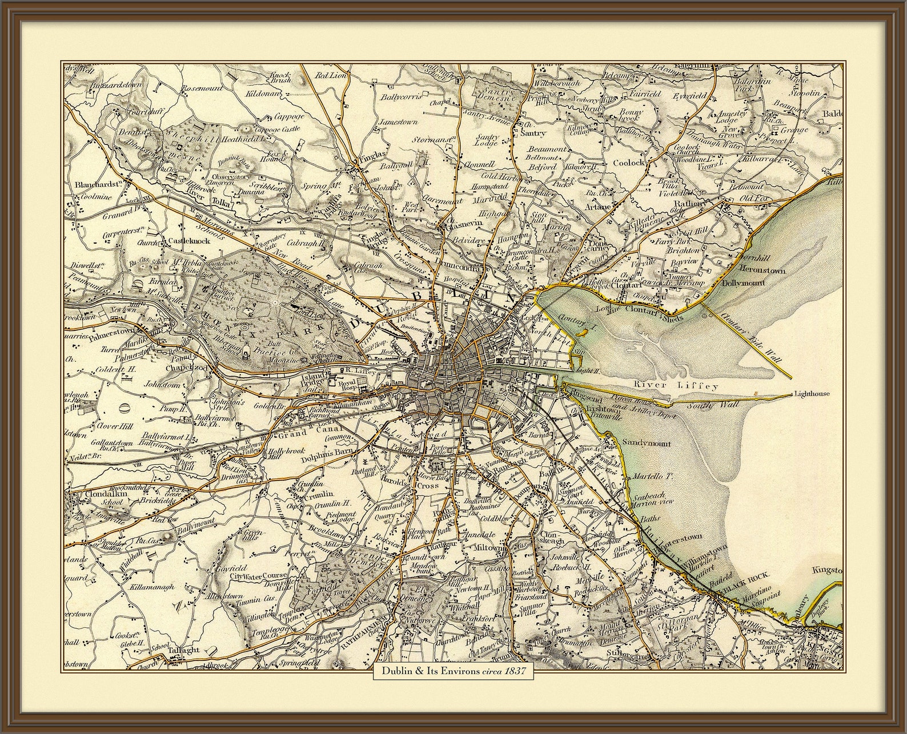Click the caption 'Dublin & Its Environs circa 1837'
(x=453, y=671)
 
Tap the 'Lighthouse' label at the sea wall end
(x=811, y=394)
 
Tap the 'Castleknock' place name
(x=188, y=241)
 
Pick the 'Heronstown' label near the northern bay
(x=762, y=271)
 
